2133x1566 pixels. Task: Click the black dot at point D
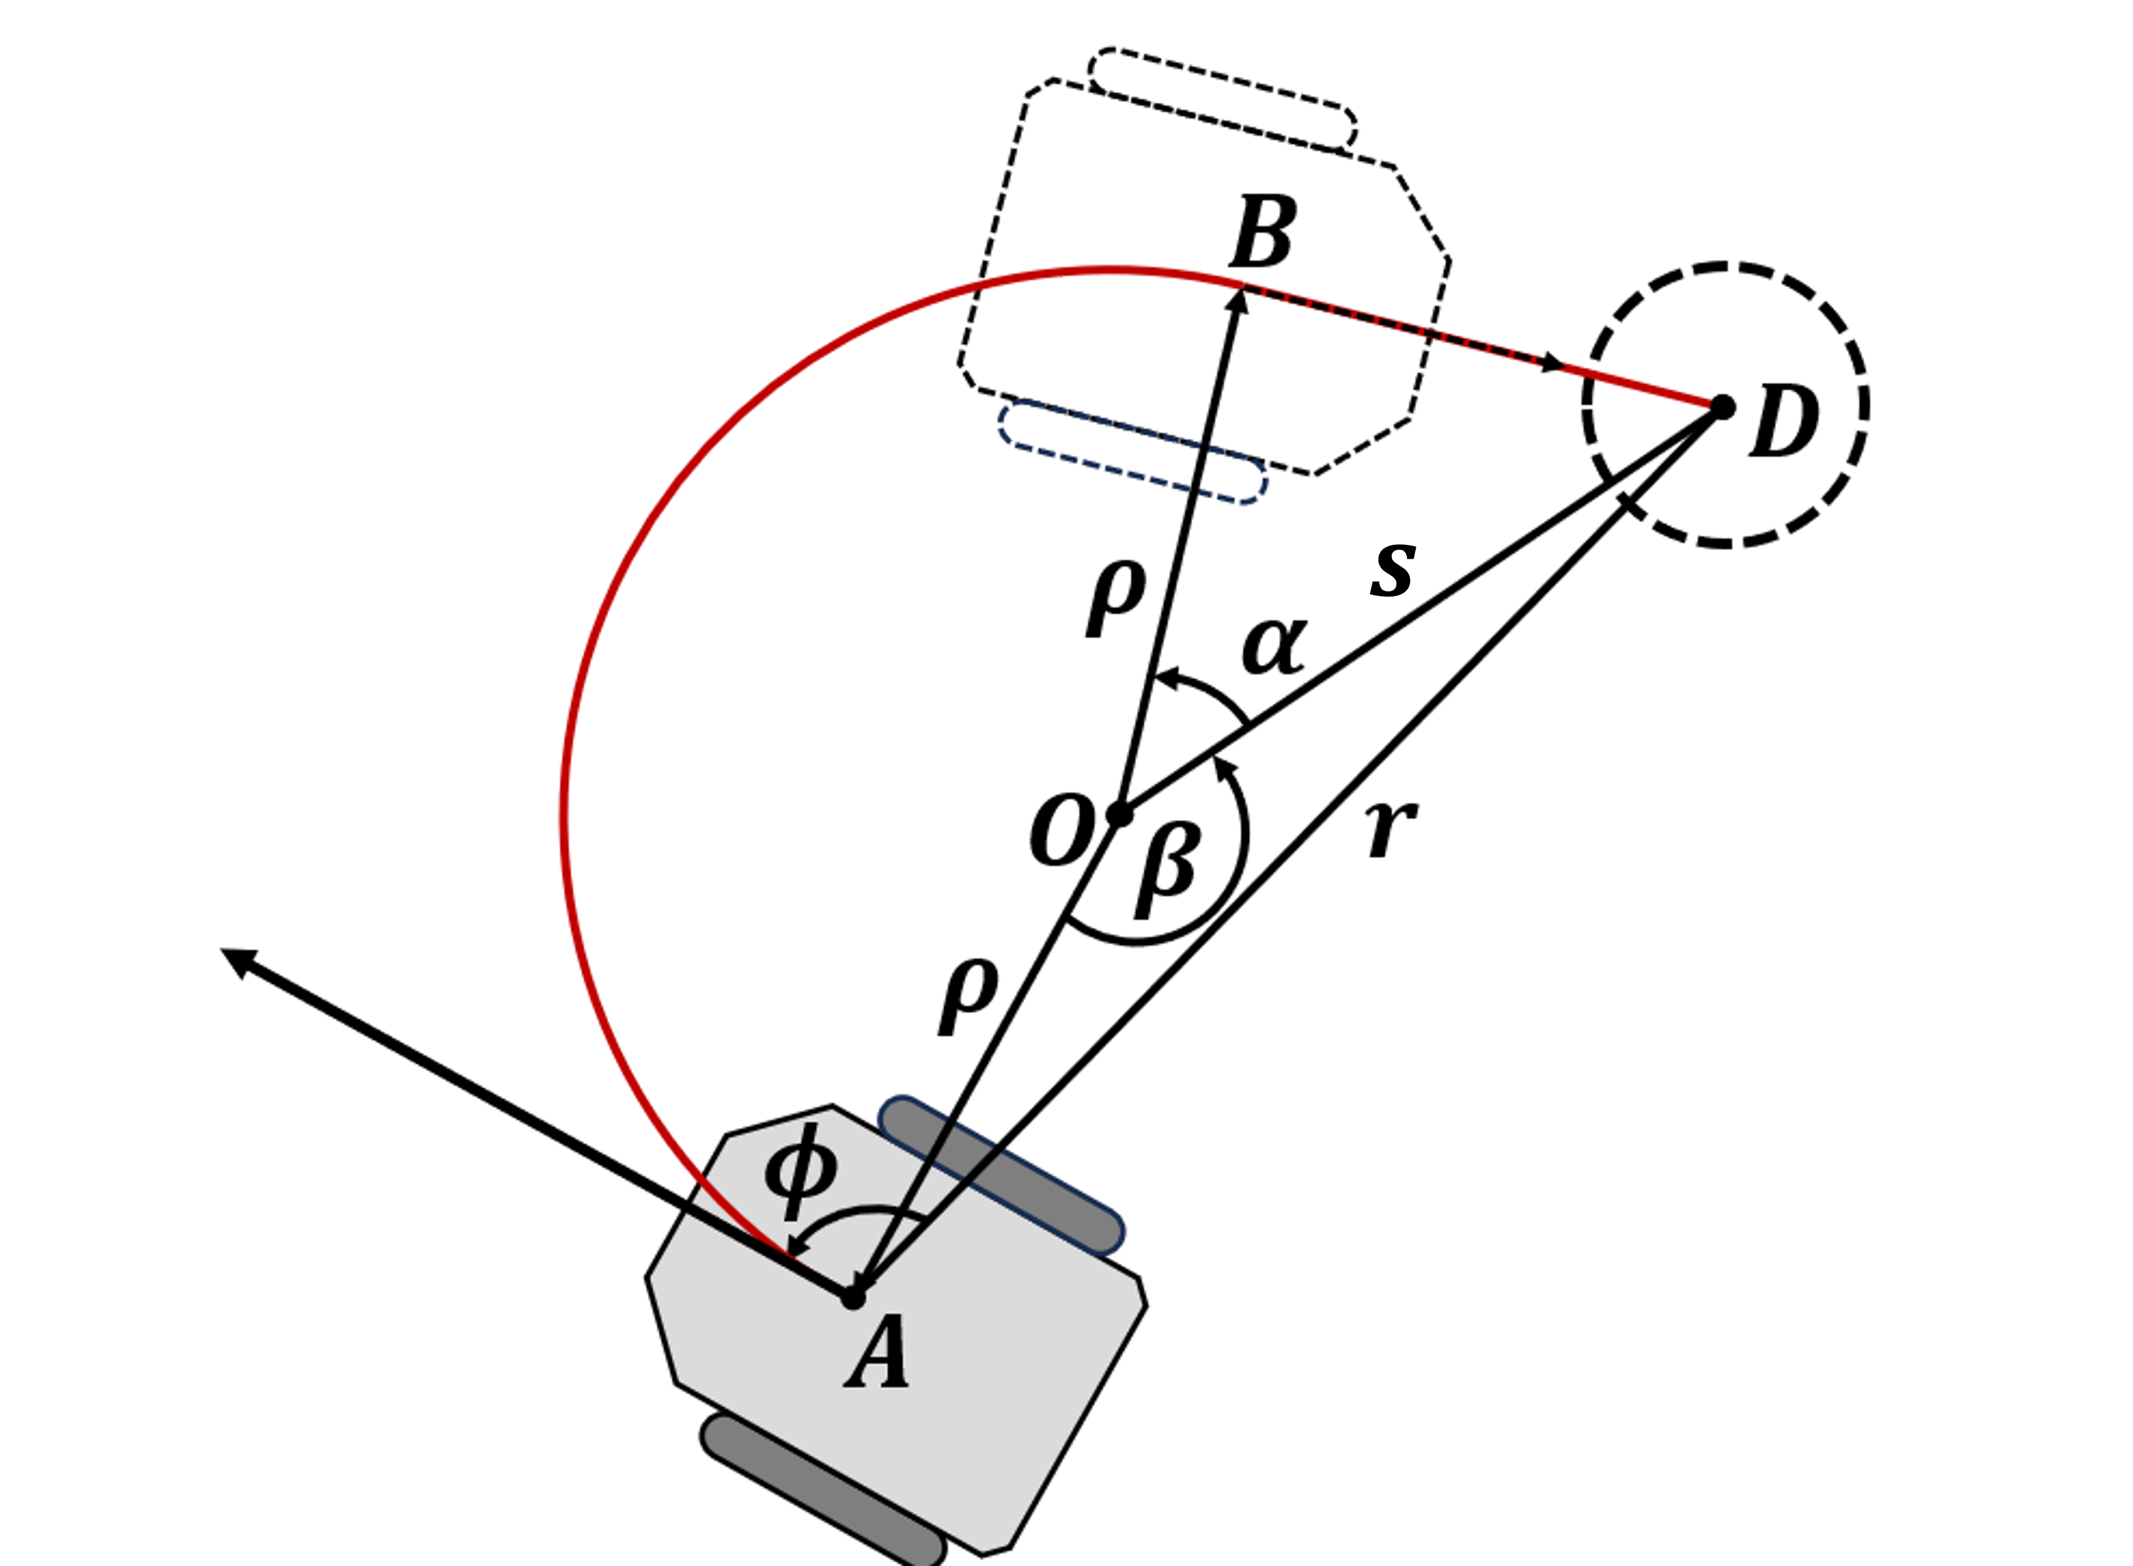(1722, 407)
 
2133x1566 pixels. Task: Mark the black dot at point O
(1120, 814)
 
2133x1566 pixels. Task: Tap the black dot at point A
(853, 1297)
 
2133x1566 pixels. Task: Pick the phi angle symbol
(801, 1172)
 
